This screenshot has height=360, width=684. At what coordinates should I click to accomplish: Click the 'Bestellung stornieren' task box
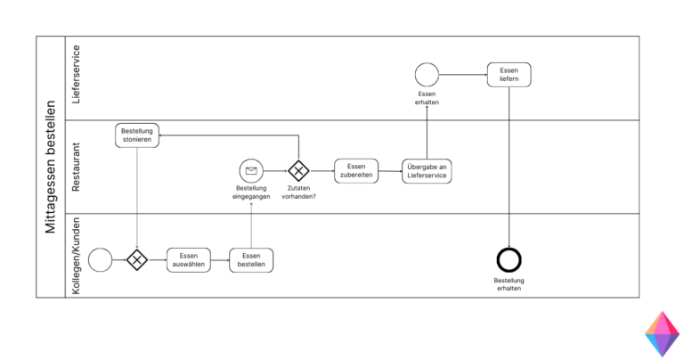(137, 135)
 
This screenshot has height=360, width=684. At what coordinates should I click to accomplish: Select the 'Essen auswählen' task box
(189, 259)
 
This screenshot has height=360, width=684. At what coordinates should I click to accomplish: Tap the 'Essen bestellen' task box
(251, 259)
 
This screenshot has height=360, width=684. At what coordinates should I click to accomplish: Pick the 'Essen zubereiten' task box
(356, 170)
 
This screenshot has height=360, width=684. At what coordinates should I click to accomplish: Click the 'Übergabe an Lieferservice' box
(427, 170)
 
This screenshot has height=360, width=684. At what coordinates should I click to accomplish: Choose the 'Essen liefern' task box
(509, 75)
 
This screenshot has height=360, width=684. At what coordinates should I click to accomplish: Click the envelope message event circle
(251, 170)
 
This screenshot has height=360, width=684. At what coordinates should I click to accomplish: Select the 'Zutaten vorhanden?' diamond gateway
(298, 170)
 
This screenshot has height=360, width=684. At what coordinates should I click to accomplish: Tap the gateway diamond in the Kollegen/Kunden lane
(137, 259)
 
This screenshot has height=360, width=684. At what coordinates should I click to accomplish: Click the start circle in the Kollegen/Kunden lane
(101, 259)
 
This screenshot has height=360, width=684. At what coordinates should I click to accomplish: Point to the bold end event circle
(509, 259)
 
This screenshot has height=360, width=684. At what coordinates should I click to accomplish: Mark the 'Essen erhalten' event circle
(427, 75)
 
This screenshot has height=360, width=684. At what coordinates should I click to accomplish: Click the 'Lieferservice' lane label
(77, 75)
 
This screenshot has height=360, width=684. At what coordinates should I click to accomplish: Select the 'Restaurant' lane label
(77, 167)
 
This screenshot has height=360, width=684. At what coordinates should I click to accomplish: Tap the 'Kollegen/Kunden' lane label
(77, 256)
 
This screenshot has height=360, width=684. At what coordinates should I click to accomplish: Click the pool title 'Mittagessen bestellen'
(50, 167)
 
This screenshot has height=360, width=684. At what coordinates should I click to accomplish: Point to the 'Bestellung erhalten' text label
(509, 284)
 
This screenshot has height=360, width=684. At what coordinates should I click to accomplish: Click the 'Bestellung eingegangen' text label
(252, 192)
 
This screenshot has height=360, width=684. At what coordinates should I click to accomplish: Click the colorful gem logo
(661, 334)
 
